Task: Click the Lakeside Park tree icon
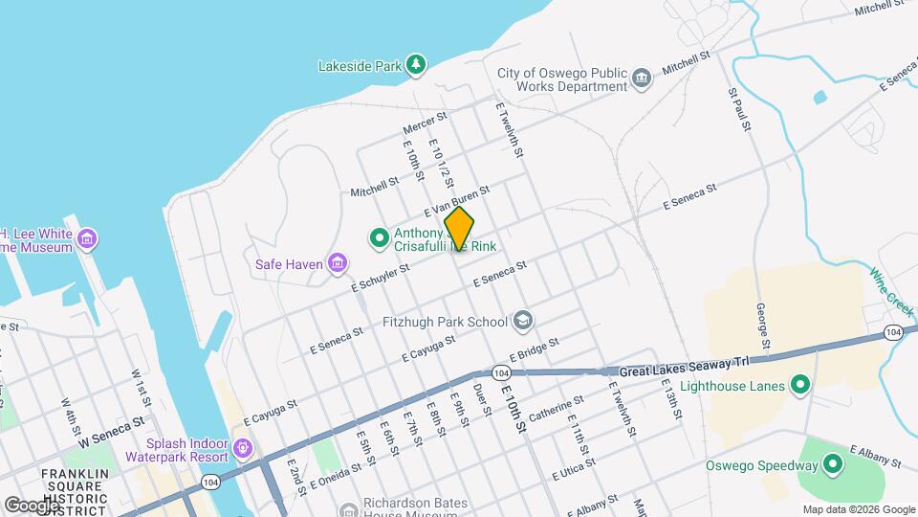coord(416,65)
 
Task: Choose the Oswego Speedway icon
coord(833,465)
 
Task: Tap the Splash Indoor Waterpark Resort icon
coord(243,447)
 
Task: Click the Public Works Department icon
coord(642,77)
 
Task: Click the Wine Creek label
coord(891,287)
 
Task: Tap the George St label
coord(763,326)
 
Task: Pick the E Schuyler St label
coord(380,278)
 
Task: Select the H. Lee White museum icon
coord(88,237)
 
